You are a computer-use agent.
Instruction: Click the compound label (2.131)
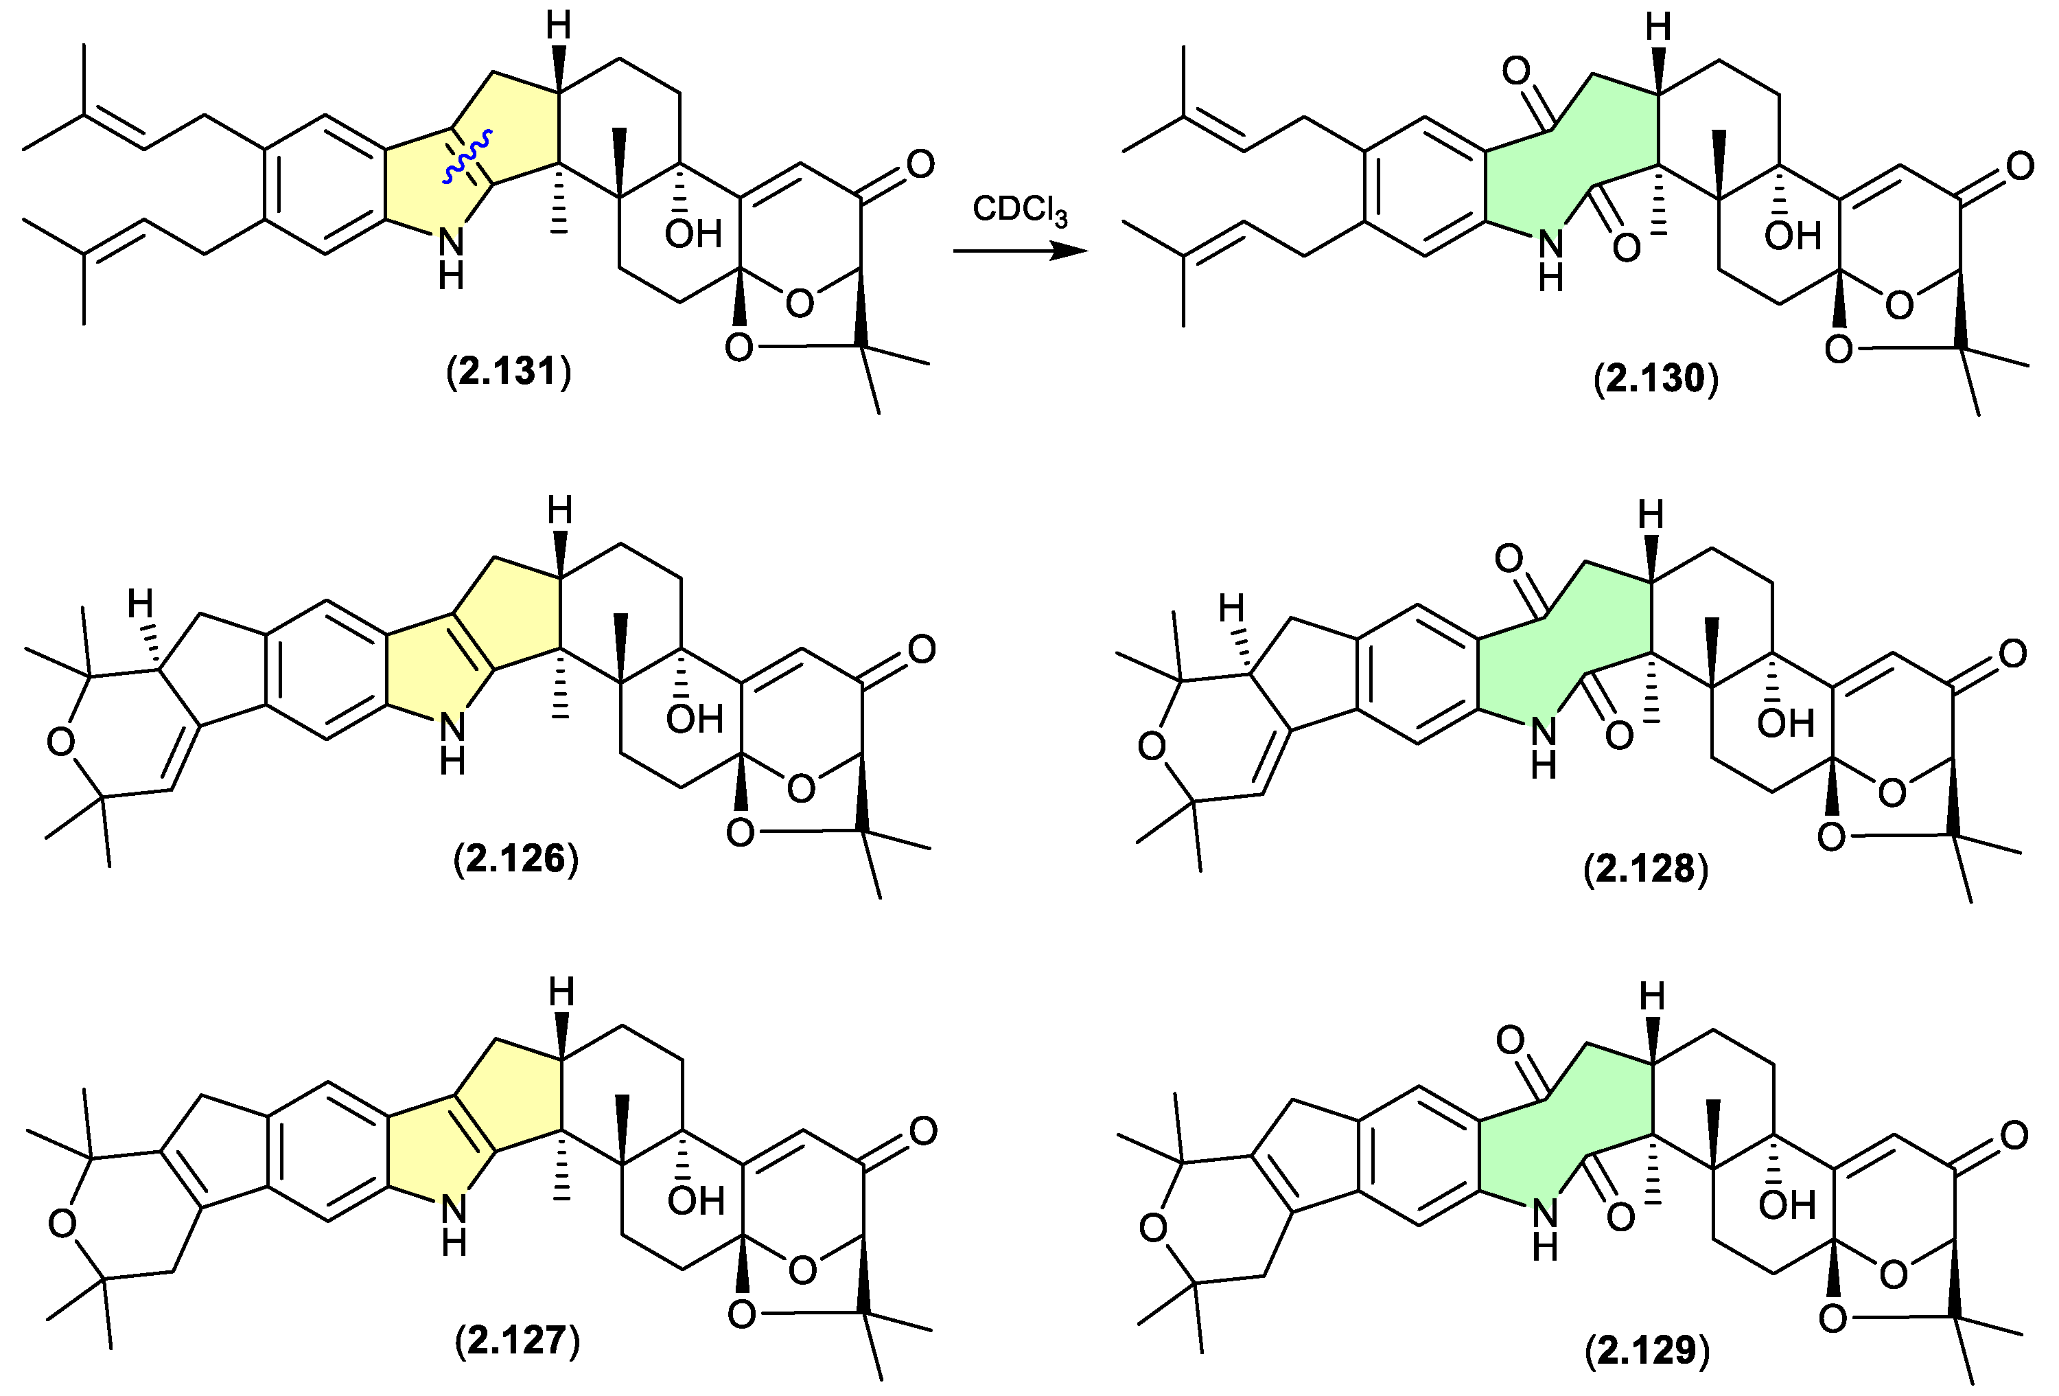(509, 371)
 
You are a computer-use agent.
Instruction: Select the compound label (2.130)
(1655, 378)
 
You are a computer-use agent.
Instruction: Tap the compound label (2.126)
(515, 858)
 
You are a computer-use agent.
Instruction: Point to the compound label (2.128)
(1645, 869)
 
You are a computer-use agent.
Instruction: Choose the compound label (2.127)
(517, 1340)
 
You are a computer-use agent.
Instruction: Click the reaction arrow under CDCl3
(1020, 252)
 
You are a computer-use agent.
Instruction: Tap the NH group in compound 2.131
(451, 257)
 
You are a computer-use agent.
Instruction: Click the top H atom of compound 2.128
(1651, 514)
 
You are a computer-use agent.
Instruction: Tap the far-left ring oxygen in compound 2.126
(61, 742)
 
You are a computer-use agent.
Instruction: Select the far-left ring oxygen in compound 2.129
(1152, 1228)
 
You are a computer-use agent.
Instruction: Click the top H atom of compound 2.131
(558, 27)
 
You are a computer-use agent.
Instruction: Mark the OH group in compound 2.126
(695, 719)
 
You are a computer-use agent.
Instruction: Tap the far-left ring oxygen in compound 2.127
(62, 1224)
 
